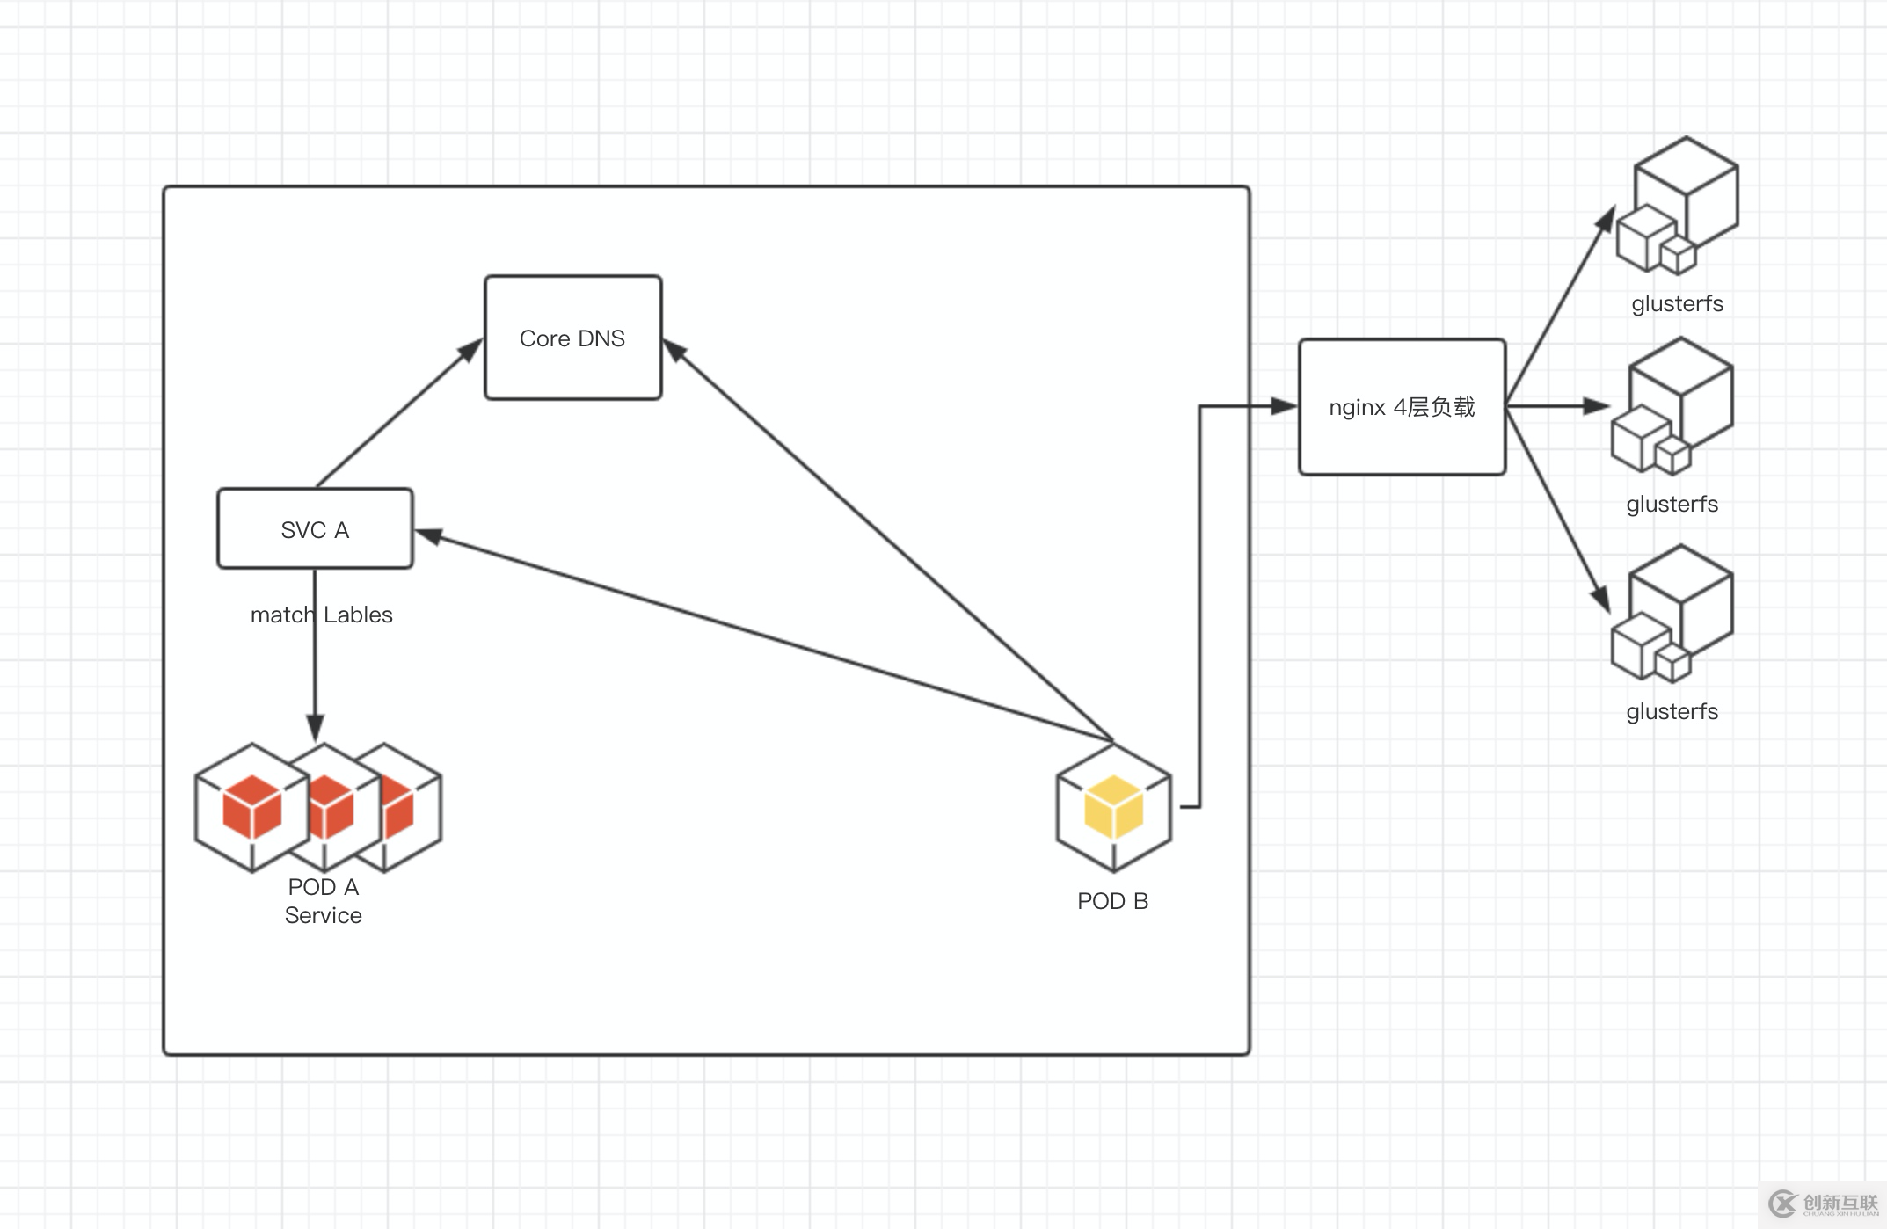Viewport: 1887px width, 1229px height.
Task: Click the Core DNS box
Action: (x=572, y=338)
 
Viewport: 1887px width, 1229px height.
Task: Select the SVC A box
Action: (x=315, y=529)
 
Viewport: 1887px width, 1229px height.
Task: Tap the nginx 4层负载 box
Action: (x=1402, y=407)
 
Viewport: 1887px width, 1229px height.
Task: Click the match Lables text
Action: (x=321, y=614)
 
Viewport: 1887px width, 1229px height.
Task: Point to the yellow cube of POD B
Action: (x=1113, y=807)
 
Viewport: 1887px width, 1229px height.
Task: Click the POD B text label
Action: (x=1112, y=901)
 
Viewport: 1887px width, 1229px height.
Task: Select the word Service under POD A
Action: (x=323, y=915)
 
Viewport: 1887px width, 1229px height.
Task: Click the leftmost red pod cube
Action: (x=252, y=807)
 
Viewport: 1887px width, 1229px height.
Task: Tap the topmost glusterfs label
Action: (x=1677, y=303)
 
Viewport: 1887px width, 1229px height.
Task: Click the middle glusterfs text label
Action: (x=1672, y=504)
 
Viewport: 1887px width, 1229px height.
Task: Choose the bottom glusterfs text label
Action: (x=1672, y=711)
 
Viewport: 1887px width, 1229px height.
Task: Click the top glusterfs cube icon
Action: (x=1678, y=207)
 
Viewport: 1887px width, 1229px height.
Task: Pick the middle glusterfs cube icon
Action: (x=1672, y=407)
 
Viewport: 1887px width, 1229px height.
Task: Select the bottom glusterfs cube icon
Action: (x=1672, y=614)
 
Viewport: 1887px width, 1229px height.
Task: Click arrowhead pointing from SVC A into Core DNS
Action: (x=471, y=350)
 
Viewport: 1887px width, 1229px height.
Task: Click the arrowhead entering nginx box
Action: (x=1285, y=406)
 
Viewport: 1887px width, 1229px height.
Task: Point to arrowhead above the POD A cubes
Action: (x=315, y=728)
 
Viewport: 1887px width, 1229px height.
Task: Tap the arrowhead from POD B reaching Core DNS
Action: (x=674, y=351)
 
